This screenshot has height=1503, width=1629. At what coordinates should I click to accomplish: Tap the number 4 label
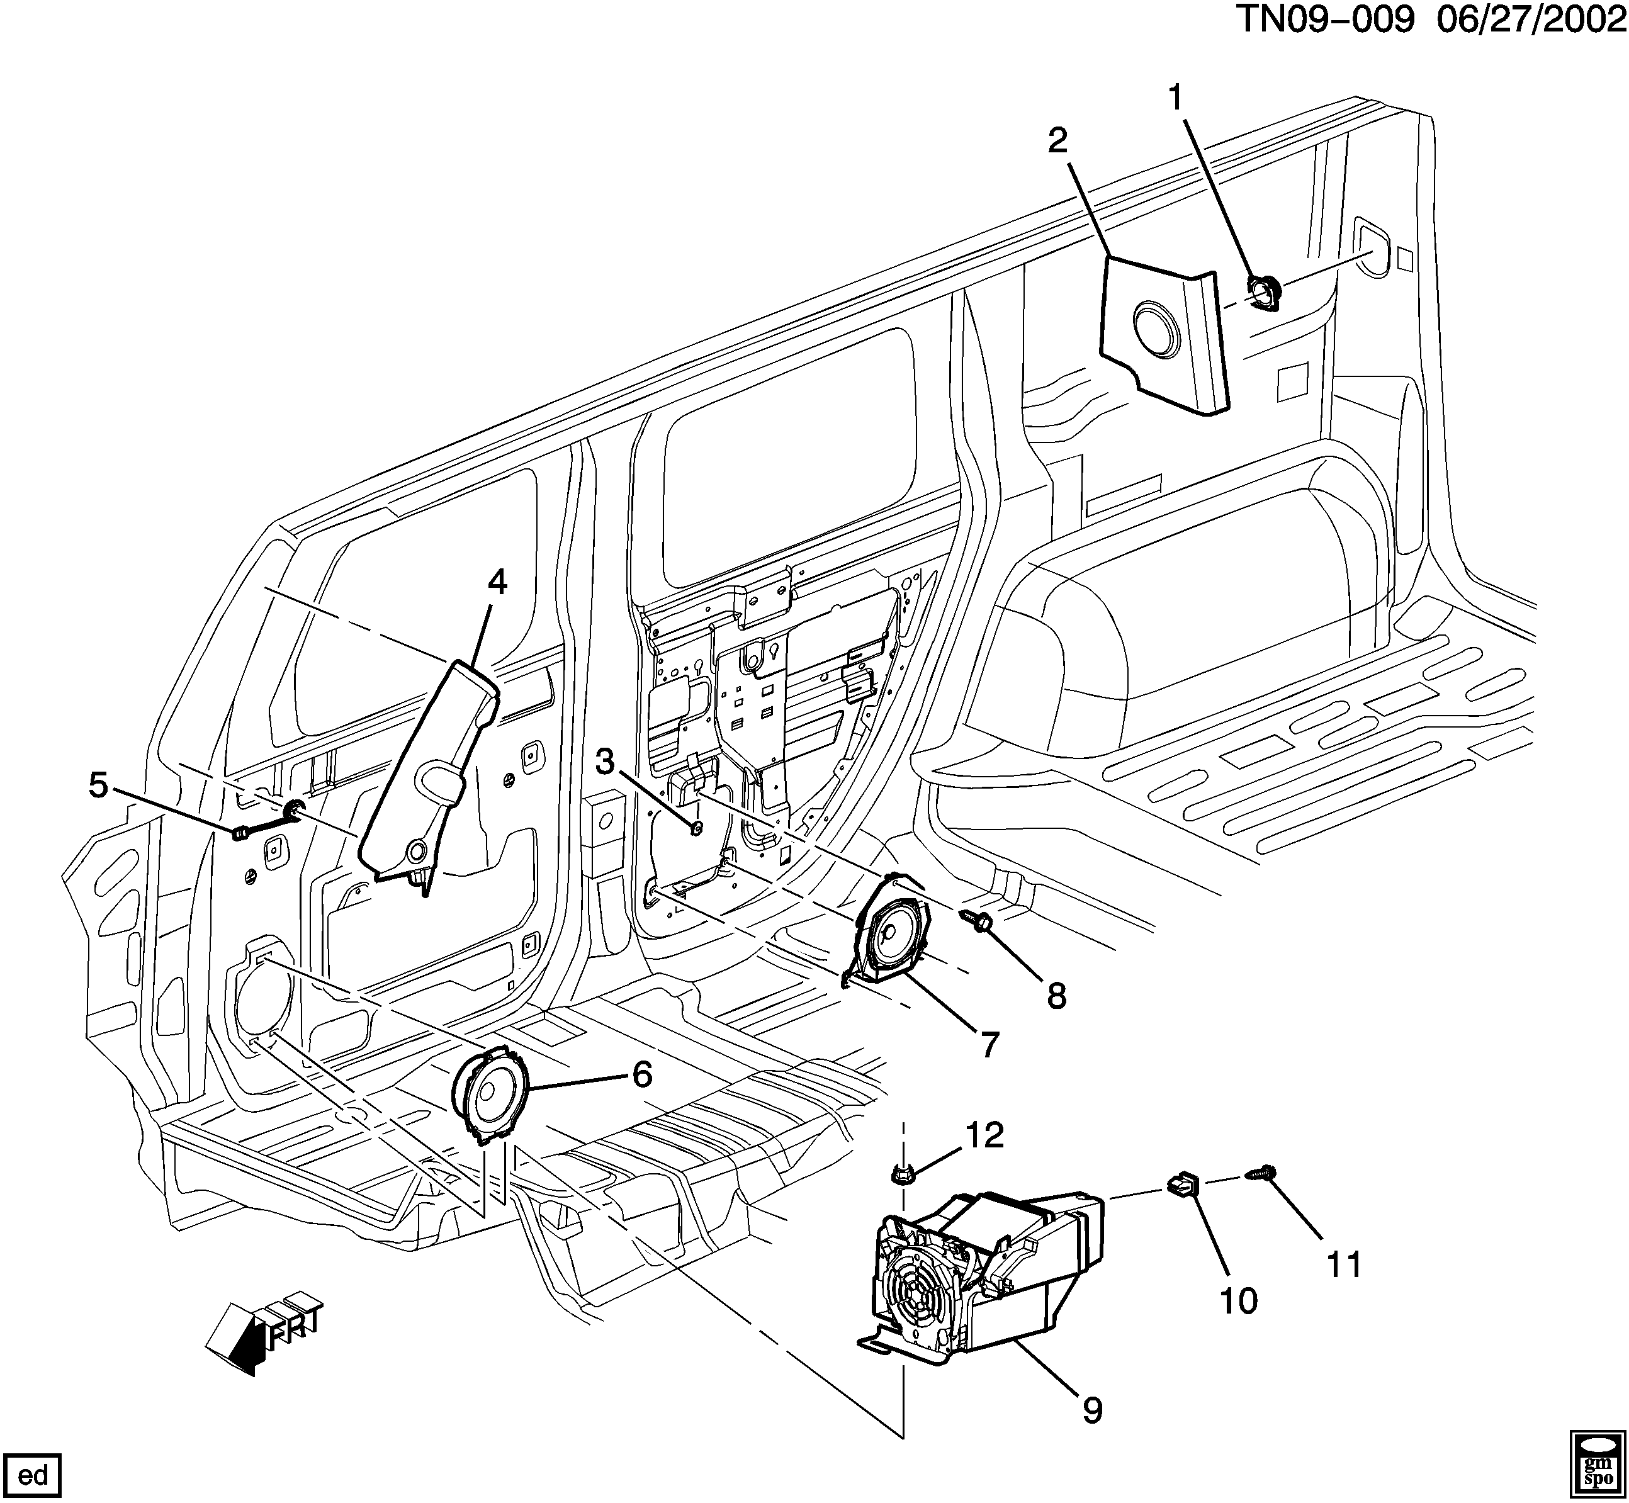pos(497,582)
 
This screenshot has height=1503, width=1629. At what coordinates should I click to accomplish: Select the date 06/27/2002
pos(1530,22)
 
